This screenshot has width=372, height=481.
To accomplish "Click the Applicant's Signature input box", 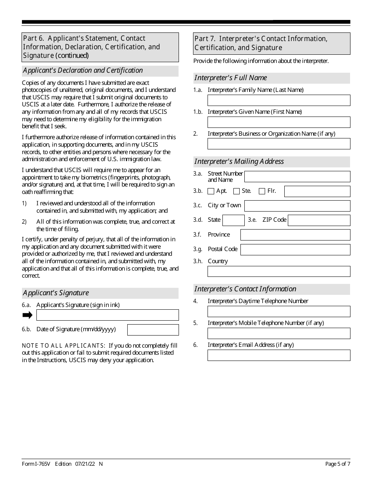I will click(107, 315).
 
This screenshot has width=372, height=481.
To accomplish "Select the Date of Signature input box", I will click(153, 330).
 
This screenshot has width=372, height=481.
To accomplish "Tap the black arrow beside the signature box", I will click(27, 315).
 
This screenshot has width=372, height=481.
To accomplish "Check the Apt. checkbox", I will click(211, 191).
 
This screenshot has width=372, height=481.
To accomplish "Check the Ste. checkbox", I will click(236, 191).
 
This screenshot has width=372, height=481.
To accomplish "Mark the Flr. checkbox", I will click(262, 191).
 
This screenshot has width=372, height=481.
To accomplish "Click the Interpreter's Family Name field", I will click(278, 101).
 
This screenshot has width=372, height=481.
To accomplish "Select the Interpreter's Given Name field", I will click(278, 122).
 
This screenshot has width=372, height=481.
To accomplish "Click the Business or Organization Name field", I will click(278, 144).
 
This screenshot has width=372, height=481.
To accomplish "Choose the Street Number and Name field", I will click(297, 177).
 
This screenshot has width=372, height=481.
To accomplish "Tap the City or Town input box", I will click(297, 206).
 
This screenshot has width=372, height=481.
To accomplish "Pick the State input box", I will click(233, 220).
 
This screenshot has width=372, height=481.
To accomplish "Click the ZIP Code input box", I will click(319, 220).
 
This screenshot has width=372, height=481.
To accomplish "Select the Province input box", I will click(295, 235).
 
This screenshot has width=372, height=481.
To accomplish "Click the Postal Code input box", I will click(295, 249).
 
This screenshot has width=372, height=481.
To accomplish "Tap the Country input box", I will click(278, 271).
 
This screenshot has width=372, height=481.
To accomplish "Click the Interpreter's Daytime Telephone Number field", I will click(278, 312).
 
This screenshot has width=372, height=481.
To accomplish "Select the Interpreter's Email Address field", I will click(278, 355).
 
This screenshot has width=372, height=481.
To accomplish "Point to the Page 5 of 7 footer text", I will click(338, 464).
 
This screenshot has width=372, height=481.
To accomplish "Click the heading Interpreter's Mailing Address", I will click(239, 162).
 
